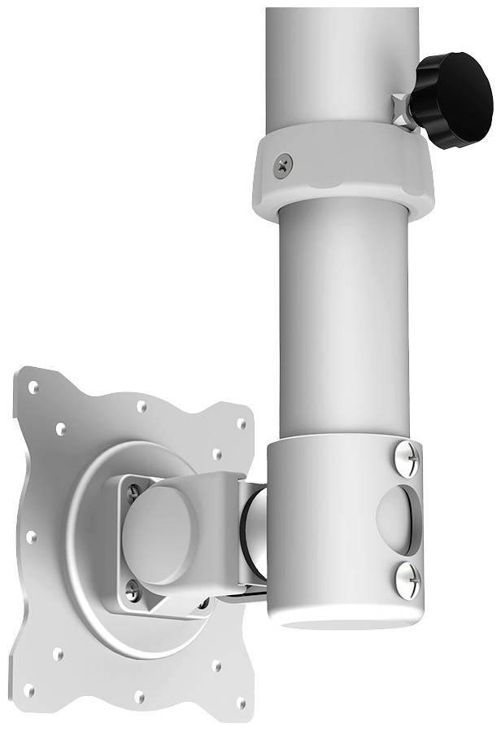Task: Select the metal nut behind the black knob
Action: point(400,109)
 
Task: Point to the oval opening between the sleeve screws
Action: point(400,519)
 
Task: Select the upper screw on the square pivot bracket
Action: point(133,490)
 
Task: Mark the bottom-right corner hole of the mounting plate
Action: point(241,702)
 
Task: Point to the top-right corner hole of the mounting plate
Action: point(242,423)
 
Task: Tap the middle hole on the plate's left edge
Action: point(32,537)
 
